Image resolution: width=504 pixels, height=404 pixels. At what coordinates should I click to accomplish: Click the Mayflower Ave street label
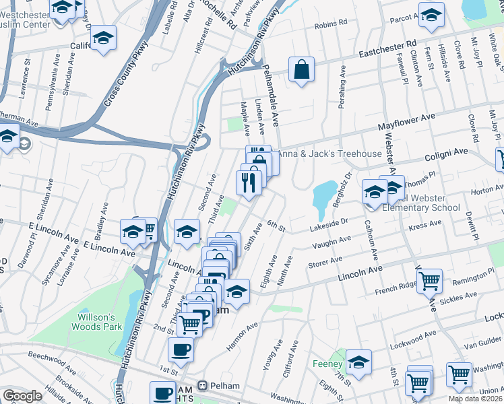coord(406,121)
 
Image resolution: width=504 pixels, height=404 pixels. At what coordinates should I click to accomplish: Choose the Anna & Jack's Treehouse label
coord(330,154)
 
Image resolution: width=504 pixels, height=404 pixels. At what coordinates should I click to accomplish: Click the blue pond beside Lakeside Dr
coord(324,195)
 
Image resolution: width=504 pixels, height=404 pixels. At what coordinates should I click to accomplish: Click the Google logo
coord(22,396)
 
